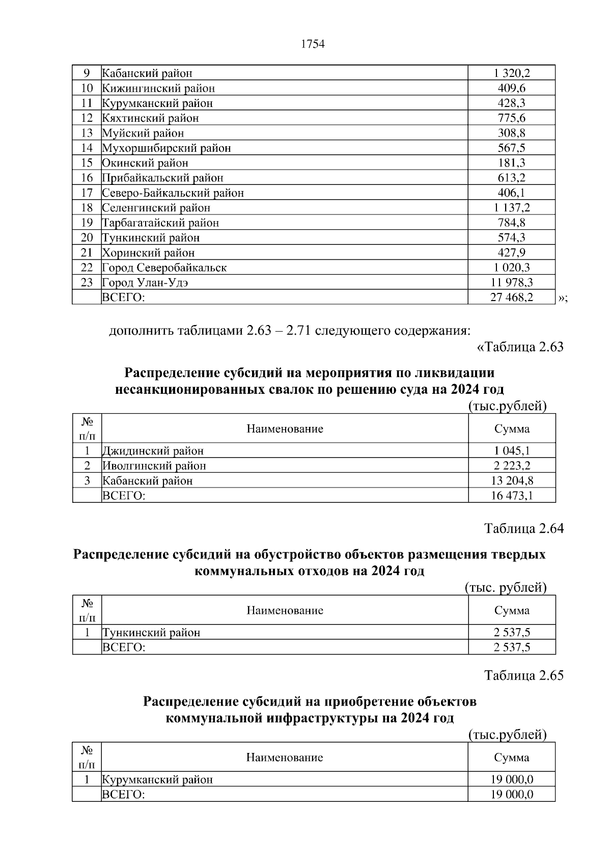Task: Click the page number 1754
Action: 313,44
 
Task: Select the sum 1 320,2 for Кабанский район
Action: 511,73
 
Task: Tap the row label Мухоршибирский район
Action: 166,148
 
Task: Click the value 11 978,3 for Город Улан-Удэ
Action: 511,282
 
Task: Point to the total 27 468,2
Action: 511,297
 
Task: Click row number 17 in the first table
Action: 87,193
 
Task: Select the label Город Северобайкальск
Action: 164,267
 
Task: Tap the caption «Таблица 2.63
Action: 520,347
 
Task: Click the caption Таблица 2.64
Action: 524,528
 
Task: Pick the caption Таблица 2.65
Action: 524,675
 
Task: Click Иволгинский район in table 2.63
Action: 154,466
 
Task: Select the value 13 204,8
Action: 512,480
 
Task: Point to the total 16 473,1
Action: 512,495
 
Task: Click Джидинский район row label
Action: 153,451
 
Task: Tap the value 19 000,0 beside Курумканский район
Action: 512,779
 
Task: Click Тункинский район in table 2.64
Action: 151,633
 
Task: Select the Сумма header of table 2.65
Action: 512,758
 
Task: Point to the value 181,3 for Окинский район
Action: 511,163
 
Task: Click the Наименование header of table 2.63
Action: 285,429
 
